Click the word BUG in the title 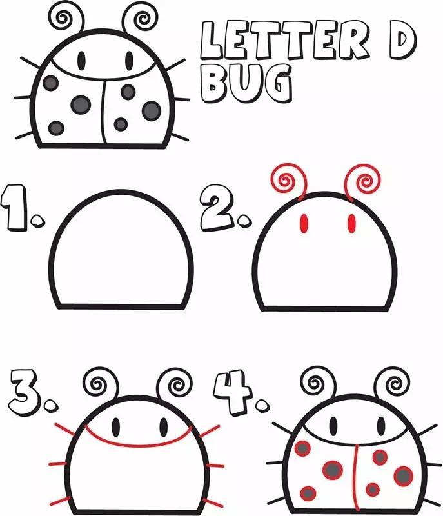pos(246,83)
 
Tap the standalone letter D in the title pos(402,41)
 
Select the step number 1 pos(14,207)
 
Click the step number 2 pos(218,212)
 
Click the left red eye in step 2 pos(304,224)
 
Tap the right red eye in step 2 pos(352,224)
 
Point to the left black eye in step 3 pos(116,427)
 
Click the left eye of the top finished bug pos(81,60)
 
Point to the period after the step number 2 pos(244,221)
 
